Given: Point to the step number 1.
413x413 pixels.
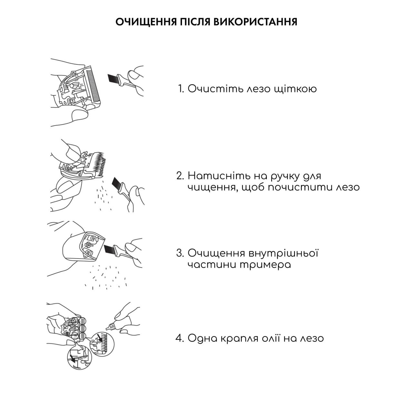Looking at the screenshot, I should click(x=181, y=89).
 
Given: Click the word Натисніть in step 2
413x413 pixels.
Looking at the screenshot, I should click(x=218, y=176).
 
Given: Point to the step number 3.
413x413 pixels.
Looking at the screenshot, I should click(x=180, y=253).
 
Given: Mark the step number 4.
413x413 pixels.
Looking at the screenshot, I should click(x=179, y=338).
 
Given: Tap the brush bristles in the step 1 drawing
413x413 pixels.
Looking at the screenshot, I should click(x=113, y=78).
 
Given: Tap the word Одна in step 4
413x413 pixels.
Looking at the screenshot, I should click(x=202, y=338).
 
